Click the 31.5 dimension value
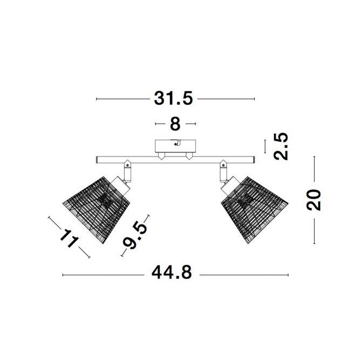(173, 99)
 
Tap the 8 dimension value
(175, 124)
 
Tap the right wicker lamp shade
(254, 207)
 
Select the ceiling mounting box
(175, 146)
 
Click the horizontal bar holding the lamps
(175, 159)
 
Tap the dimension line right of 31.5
(227, 99)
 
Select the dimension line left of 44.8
(103, 275)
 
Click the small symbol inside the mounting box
(175, 144)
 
